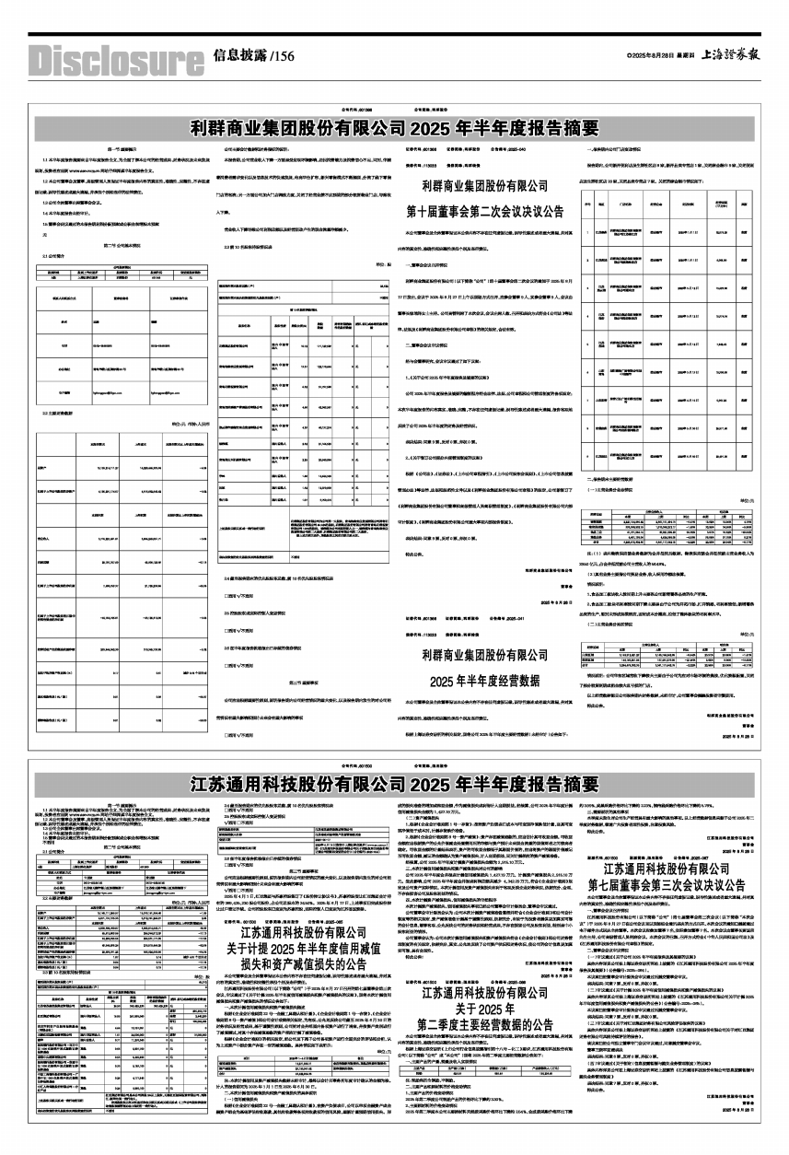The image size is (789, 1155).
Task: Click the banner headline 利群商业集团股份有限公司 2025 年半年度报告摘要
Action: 394,127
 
